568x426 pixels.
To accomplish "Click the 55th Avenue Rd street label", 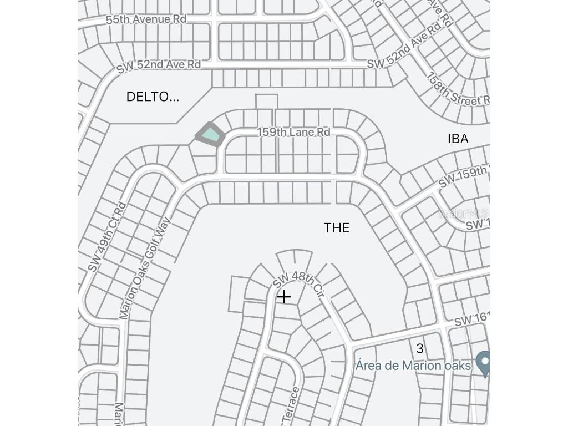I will tap(146, 19).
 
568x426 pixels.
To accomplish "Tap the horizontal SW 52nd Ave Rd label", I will tap(158, 65).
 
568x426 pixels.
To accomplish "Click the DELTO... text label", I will tap(153, 97).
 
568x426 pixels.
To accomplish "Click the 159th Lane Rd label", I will tap(293, 132).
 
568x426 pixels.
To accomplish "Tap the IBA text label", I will tap(458, 139).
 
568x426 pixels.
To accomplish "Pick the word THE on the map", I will tap(337, 228).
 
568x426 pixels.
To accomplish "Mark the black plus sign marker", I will tap(283, 297).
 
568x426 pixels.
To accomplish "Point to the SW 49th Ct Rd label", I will tap(106, 237).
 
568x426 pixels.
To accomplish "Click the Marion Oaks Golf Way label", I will tap(145, 268).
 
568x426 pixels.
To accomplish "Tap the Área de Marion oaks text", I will tap(413, 366).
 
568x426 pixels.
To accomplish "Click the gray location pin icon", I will tap(484, 363).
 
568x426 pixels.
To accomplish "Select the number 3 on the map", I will tap(420, 348).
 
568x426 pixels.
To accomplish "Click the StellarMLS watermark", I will tap(463, 214).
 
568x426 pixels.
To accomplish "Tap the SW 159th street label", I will tap(464, 176).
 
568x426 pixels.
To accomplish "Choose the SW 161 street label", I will tap(472, 319).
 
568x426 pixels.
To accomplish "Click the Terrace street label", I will tap(292, 404).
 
